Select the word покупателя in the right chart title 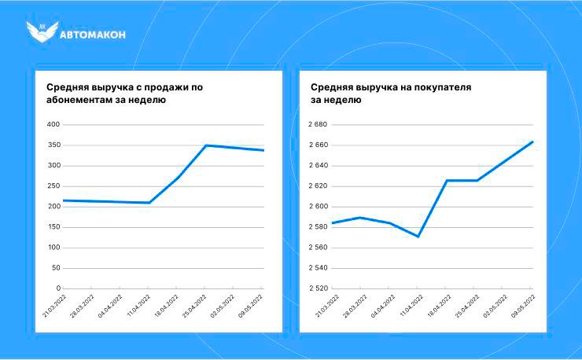pos(437,87)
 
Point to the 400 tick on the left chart pos(53,125)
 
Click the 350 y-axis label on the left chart pos(53,145)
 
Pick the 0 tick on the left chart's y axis pos(57,288)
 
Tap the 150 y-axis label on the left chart pos(53,227)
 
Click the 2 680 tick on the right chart pos(318,125)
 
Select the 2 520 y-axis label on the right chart pos(318,288)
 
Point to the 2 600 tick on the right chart pos(318,207)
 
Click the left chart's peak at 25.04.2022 pos(206,145)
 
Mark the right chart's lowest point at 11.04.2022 pos(418,237)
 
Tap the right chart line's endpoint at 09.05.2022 pos(532,142)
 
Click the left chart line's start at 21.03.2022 pos(63,200)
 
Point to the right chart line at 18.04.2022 pos(447,181)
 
